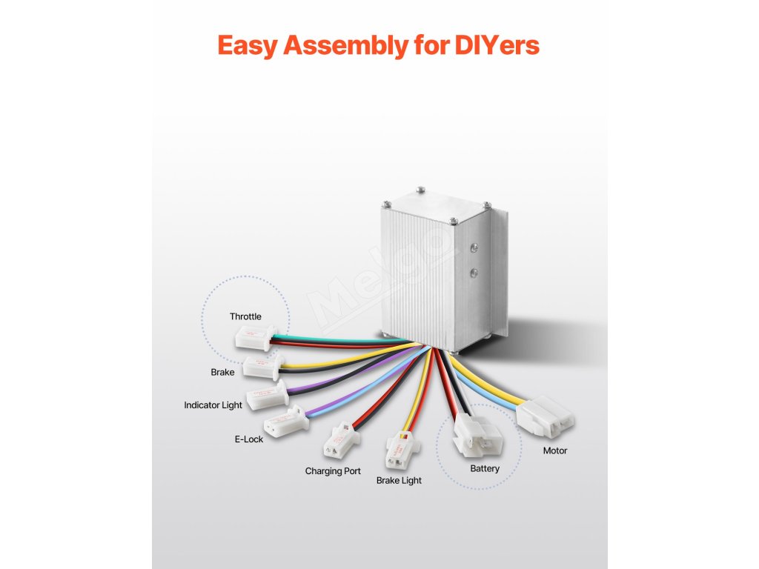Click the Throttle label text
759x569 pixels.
click(x=245, y=316)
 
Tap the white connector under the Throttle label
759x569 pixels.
click(x=253, y=339)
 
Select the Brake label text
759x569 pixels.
click(x=222, y=372)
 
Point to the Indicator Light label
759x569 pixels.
click(x=213, y=405)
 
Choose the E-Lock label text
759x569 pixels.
click(x=249, y=439)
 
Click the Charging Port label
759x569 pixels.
click(x=333, y=470)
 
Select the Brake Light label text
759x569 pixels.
click(x=399, y=480)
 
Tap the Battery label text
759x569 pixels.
click(x=485, y=468)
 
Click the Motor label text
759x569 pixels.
click(x=555, y=450)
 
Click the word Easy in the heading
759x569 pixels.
click(x=247, y=46)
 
